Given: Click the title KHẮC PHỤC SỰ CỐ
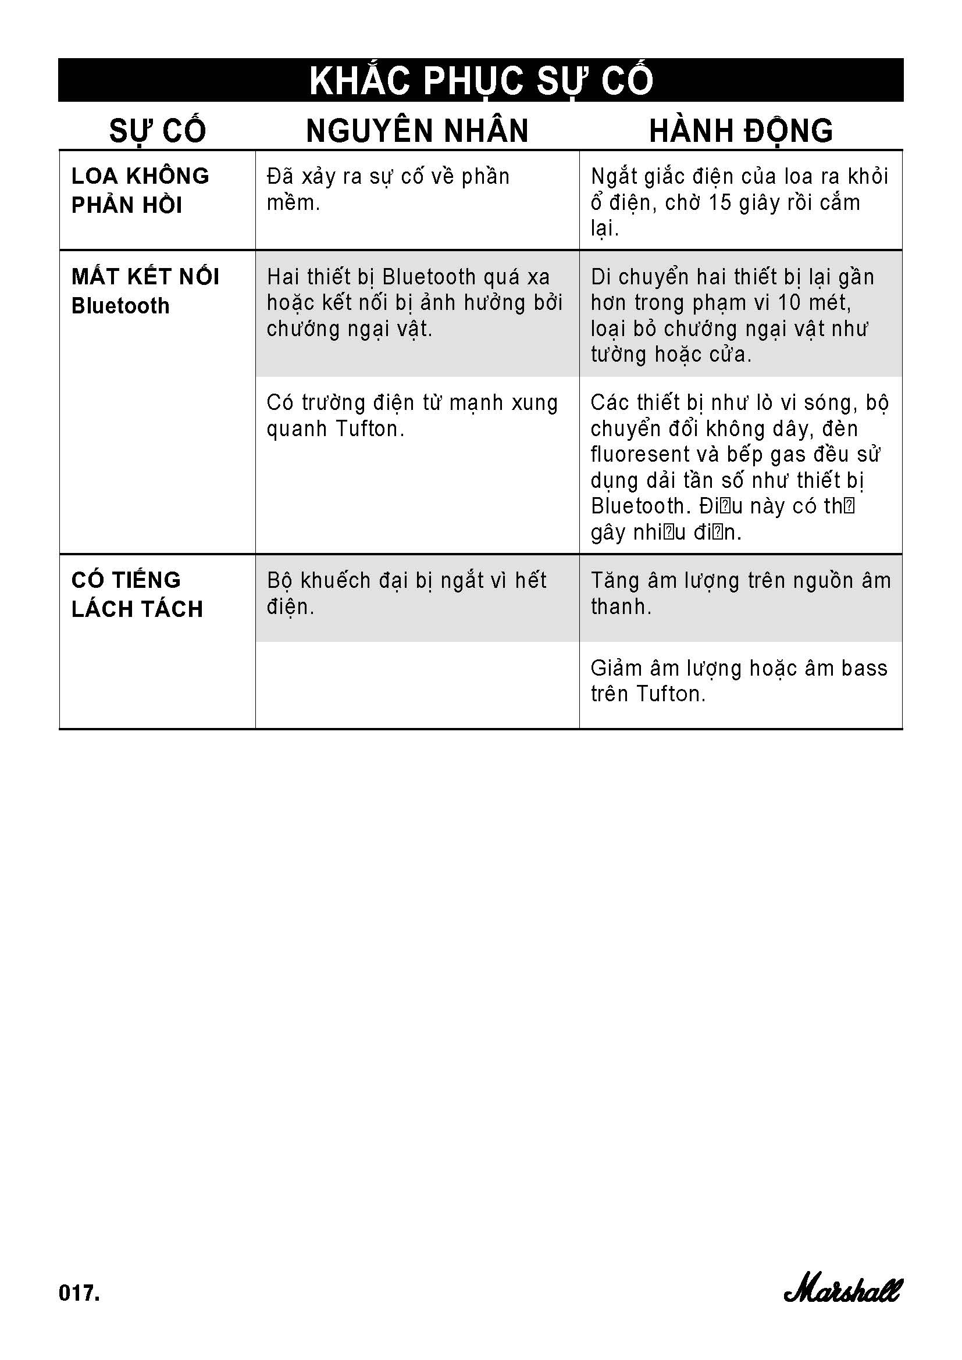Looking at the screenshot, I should click(x=481, y=81).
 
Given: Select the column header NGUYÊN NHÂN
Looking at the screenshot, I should click(x=417, y=131).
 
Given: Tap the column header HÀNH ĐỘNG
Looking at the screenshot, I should click(x=741, y=131).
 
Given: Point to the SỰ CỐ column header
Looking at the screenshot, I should click(x=158, y=131).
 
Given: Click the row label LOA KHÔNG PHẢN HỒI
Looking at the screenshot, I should click(x=140, y=190).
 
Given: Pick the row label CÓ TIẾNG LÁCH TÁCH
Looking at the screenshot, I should click(x=137, y=594).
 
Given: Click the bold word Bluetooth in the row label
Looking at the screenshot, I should click(x=120, y=306).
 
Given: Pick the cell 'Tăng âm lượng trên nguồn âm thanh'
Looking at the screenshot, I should click(x=740, y=594).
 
